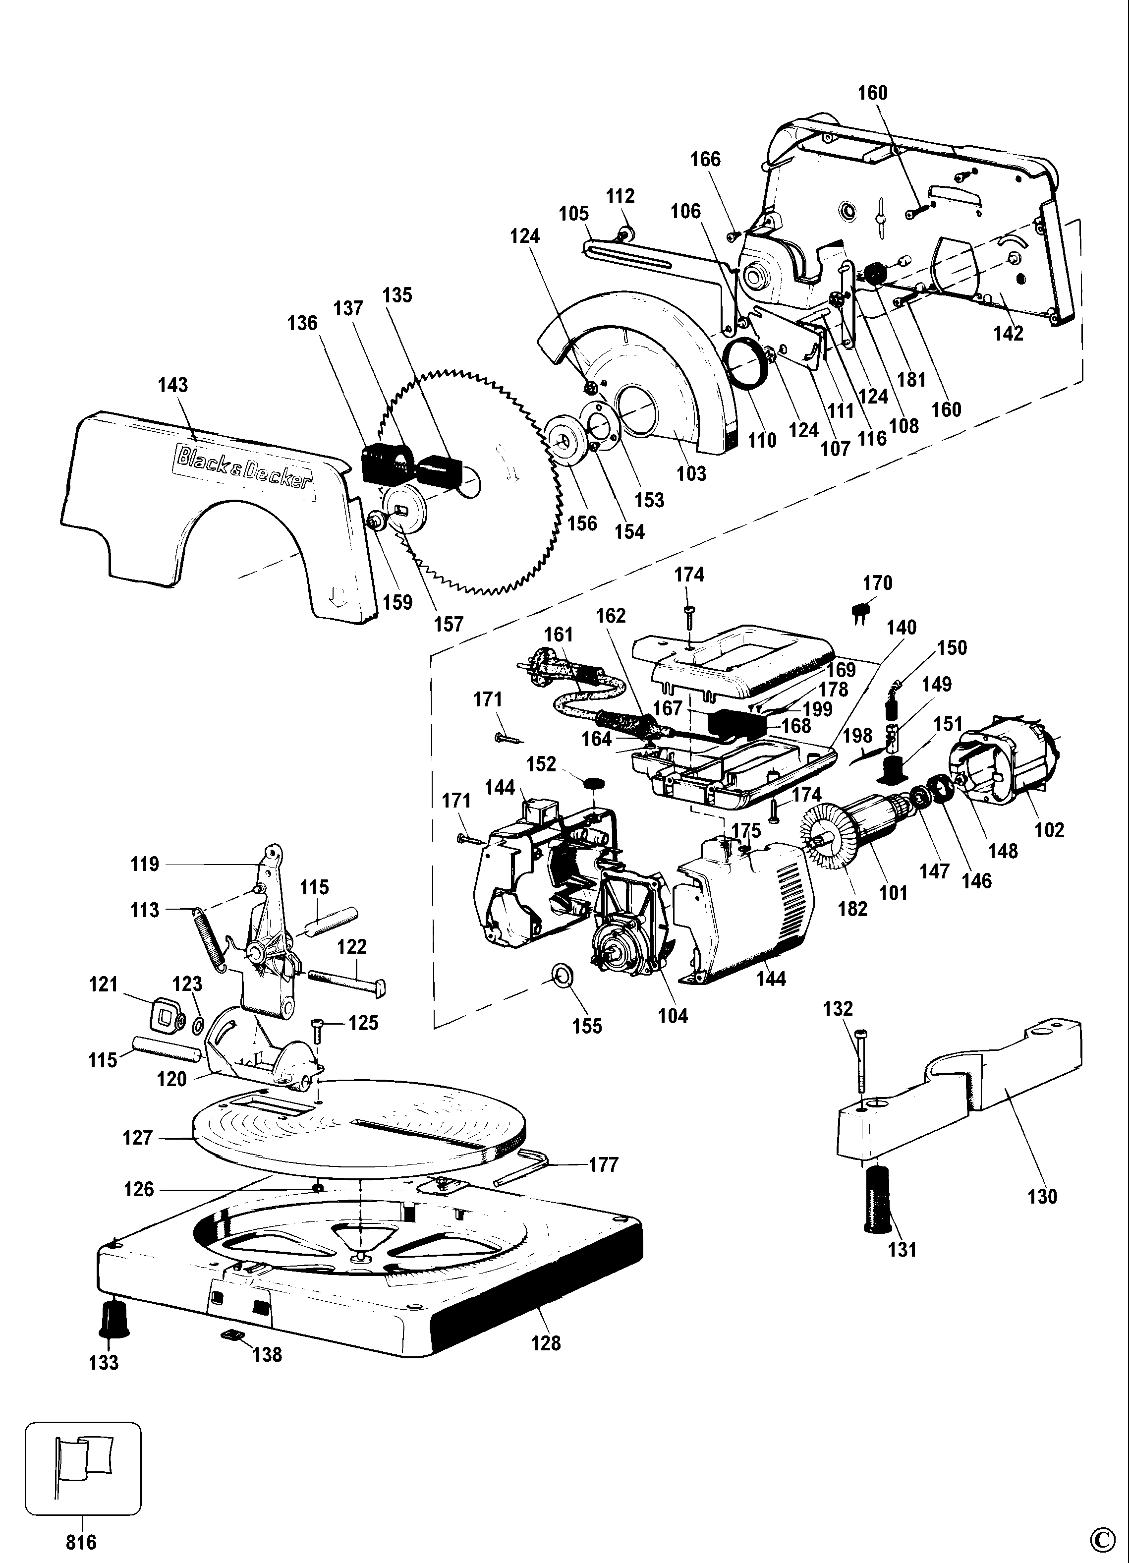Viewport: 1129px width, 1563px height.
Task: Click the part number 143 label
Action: tap(173, 385)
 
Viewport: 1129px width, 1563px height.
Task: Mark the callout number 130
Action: tap(1042, 1196)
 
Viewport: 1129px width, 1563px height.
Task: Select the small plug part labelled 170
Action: tap(860, 613)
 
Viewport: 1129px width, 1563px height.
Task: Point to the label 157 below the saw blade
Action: tap(449, 624)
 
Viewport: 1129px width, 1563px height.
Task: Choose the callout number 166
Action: tap(705, 159)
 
